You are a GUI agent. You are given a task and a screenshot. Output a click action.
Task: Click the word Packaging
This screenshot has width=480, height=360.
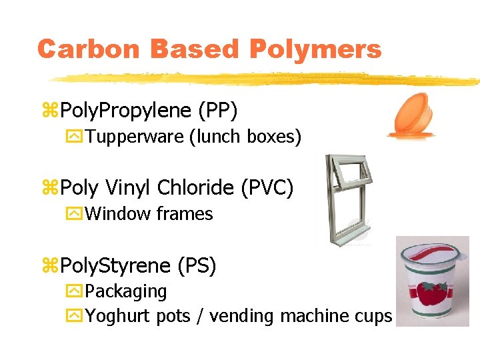click(x=126, y=291)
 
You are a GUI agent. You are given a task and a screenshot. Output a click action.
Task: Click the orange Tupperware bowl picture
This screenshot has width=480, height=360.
click(x=413, y=117)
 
